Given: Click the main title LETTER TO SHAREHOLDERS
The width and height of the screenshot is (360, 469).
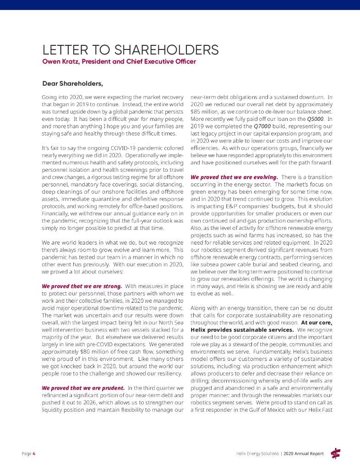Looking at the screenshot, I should pos(130,50).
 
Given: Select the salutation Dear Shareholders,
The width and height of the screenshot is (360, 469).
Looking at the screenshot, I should pos(72,83).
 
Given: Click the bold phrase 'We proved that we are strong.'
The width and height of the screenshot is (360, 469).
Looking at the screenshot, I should pos(82,286).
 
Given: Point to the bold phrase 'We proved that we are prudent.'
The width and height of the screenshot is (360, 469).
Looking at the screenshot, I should pos(83,388).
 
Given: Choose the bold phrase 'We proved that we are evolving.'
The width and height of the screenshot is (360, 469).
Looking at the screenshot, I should pos(234,177).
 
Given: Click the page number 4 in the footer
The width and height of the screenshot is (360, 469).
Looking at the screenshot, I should pos(33,453).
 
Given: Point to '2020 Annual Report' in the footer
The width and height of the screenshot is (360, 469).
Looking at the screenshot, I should pos(303,453).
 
